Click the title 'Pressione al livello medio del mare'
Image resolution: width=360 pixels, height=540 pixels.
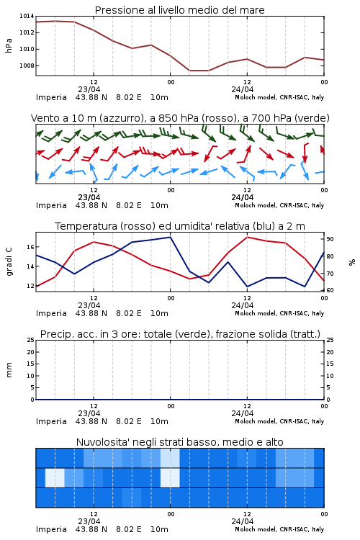pyautogui.click(x=179, y=10)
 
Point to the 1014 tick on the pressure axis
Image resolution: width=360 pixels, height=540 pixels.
pyautogui.click(x=27, y=16)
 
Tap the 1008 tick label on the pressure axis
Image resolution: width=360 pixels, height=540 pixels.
pyautogui.click(x=27, y=66)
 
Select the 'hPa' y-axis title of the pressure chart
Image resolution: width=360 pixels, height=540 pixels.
pyautogui.click(x=9, y=45)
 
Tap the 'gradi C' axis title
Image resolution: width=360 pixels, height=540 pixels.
pyautogui.click(x=9, y=261)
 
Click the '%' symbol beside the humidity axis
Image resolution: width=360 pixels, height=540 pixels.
pyautogui.click(x=352, y=262)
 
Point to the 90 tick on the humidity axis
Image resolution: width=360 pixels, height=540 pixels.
pyautogui.click(x=330, y=239)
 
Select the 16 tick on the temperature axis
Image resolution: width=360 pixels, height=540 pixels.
pyautogui.click(x=30, y=247)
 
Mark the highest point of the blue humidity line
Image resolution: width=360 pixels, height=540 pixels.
pyautogui.click(x=170, y=237)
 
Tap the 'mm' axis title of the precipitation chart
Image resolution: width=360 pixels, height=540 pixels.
pyautogui.click(x=9, y=370)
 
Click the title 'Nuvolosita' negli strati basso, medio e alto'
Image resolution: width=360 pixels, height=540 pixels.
pyautogui.click(x=179, y=442)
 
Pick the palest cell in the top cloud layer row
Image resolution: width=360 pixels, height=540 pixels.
pyautogui.click(x=170, y=458)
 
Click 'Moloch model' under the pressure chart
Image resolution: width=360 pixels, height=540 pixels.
pyautogui.click(x=255, y=97)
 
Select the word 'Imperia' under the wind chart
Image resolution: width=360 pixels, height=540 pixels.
pyautogui.click(x=51, y=206)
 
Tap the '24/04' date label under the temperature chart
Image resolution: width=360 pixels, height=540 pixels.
pyautogui.click(x=243, y=305)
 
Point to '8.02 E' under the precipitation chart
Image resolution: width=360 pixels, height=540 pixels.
pyautogui.click(x=129, y=421)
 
